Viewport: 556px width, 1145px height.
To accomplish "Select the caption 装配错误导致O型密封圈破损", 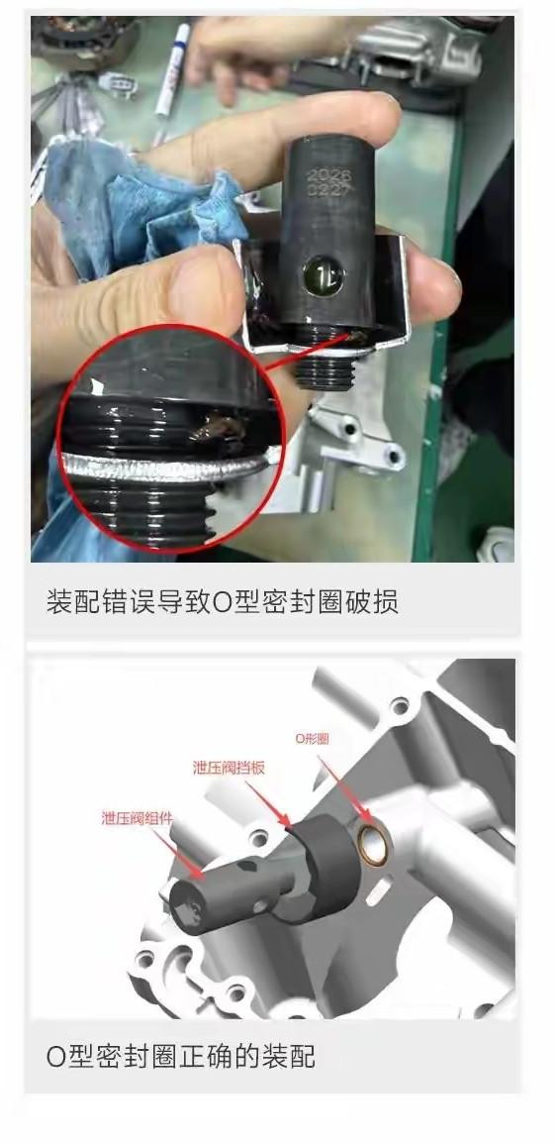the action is coord(223,602).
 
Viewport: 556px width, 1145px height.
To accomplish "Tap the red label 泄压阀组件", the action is coord(137,818).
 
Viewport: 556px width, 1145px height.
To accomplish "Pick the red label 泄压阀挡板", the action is coord(229,768).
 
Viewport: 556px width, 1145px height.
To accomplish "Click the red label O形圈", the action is coord(312,738).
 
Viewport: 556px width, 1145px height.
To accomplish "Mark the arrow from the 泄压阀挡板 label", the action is coord(269,803).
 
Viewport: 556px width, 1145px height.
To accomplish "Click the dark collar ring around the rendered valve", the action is coord(326,869).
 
